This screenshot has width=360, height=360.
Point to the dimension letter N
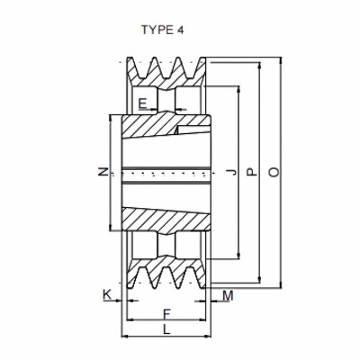click(103, 172)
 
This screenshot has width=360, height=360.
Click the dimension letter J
click(232, 172)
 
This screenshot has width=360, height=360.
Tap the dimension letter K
click(107, 294)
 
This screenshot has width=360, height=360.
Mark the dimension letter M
click(228, 294)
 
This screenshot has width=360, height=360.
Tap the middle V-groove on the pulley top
click(165, 65)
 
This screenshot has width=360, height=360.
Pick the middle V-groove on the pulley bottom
click(165, 278)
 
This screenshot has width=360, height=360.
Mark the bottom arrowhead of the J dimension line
click(238, 255)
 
